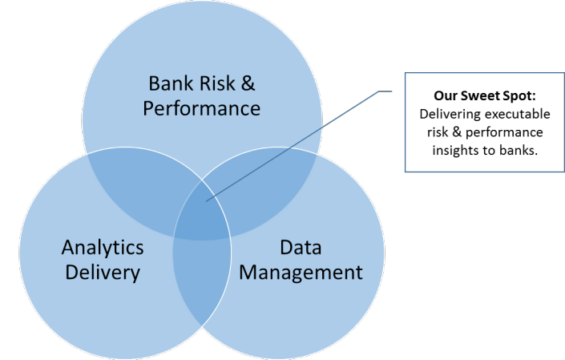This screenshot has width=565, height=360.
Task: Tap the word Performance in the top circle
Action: [201, 107]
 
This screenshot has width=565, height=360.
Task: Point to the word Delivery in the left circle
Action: [103, 272]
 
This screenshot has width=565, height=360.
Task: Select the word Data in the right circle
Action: [301, 247]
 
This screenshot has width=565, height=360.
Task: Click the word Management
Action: [301, 272]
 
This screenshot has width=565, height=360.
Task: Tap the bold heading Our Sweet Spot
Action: [467, 92]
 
